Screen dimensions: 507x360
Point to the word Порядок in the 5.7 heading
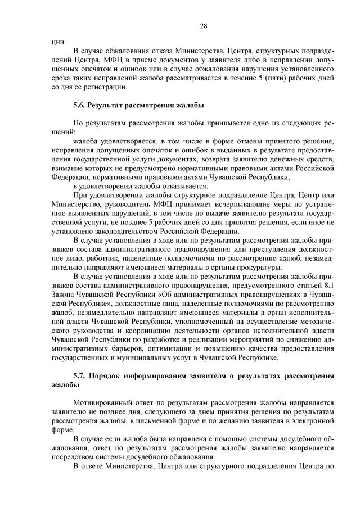109,376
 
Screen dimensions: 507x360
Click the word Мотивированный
104,403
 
